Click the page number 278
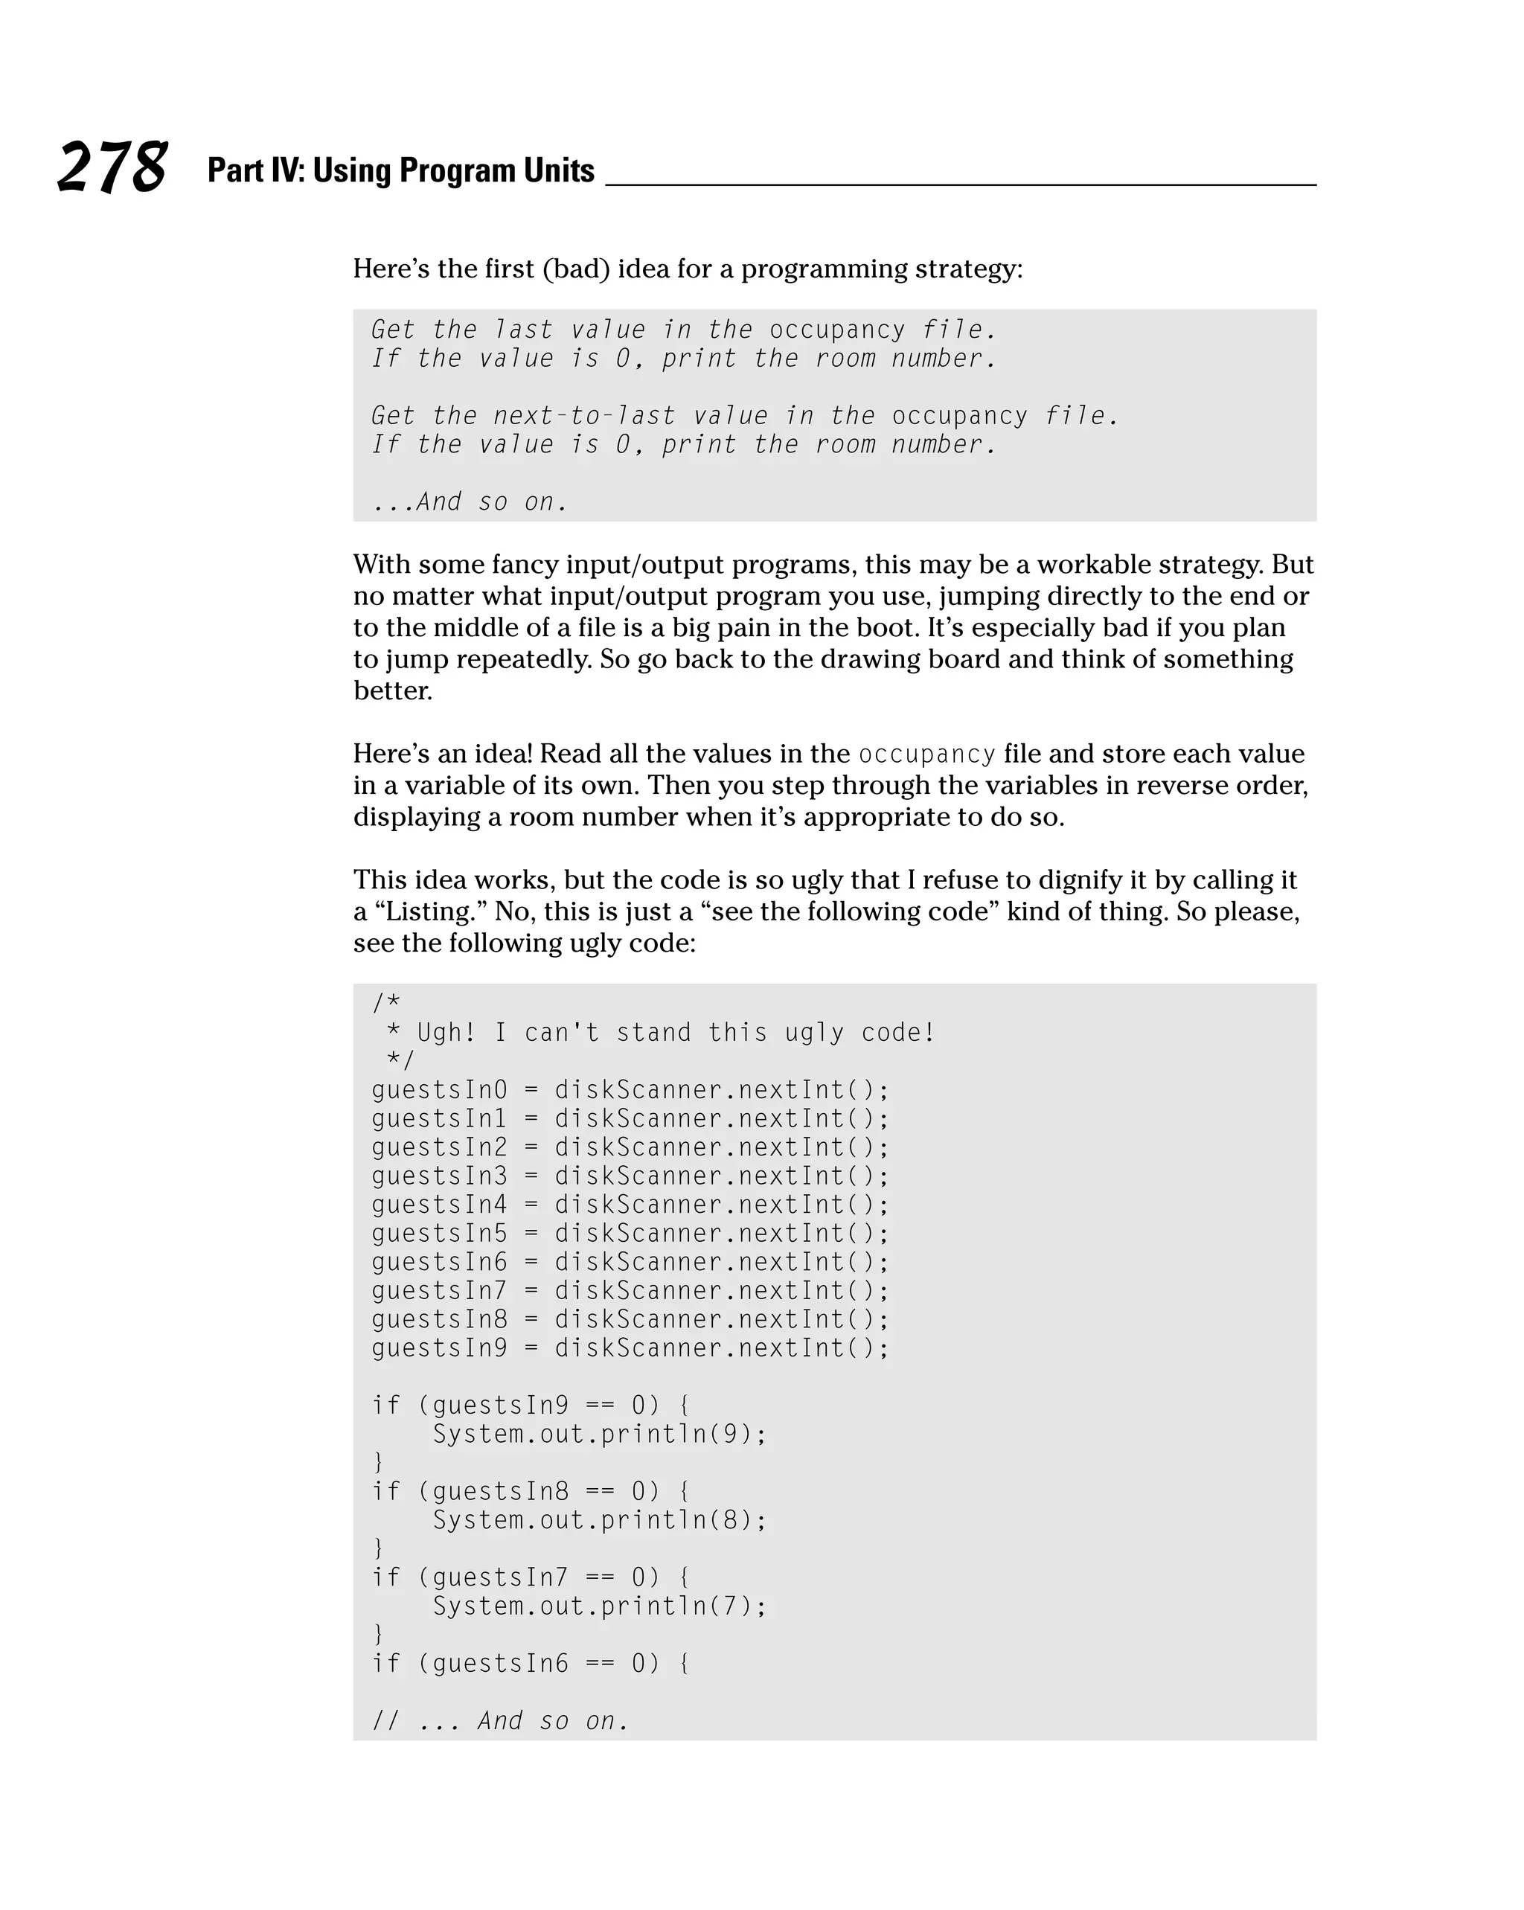pos(112,167)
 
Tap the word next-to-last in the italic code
pos(584,415)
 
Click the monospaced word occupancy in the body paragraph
pos(926,754)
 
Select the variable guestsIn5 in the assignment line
pos(440,1233)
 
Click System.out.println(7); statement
pos(599,1606)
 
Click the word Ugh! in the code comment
pos(446,1033)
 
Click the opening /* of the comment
pos(386,1003)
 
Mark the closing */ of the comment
pos(400,1060)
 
